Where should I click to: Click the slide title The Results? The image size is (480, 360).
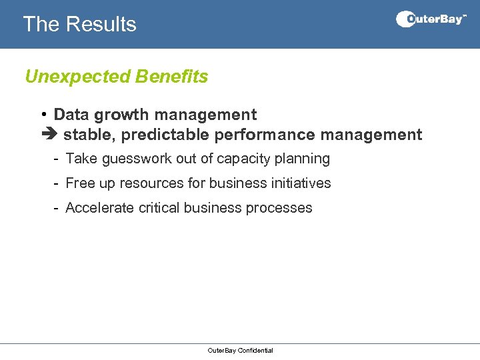[79, 24]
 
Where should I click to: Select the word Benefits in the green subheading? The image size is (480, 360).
[171, 77]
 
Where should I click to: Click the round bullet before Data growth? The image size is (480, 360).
[42, 115]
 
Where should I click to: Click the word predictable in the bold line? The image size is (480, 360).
[167, 135]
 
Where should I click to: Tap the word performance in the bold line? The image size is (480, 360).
[265, 135]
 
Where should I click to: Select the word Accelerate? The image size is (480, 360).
[99, 208]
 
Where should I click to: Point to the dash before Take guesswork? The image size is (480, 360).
[57, 159]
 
